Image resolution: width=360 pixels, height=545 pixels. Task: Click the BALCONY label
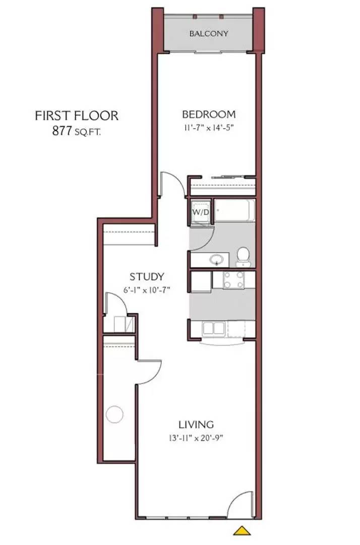point(209,34)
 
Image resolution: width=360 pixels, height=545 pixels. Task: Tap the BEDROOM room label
point(209,114)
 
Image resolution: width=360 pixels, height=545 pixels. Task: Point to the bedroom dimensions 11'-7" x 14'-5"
point(209,128)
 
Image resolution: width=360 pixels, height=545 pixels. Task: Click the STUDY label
point(147,277)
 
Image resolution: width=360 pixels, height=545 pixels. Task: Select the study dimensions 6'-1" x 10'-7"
point(147,290)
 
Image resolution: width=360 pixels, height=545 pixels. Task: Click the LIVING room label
point(196,424)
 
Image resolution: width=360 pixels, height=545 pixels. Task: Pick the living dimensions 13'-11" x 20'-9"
point(196,438)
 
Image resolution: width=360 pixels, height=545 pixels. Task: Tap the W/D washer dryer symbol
point(201,212)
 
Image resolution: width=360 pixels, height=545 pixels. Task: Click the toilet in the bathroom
point(243,256)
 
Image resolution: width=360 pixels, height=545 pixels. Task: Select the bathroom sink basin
point(217,259)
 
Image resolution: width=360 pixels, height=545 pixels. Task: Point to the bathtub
point(234,210)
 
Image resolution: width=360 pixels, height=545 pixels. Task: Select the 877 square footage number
point(62,131)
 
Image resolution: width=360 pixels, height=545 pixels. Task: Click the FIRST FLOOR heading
point(77,116)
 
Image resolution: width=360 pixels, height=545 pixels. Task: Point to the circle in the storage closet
point(114,414)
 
